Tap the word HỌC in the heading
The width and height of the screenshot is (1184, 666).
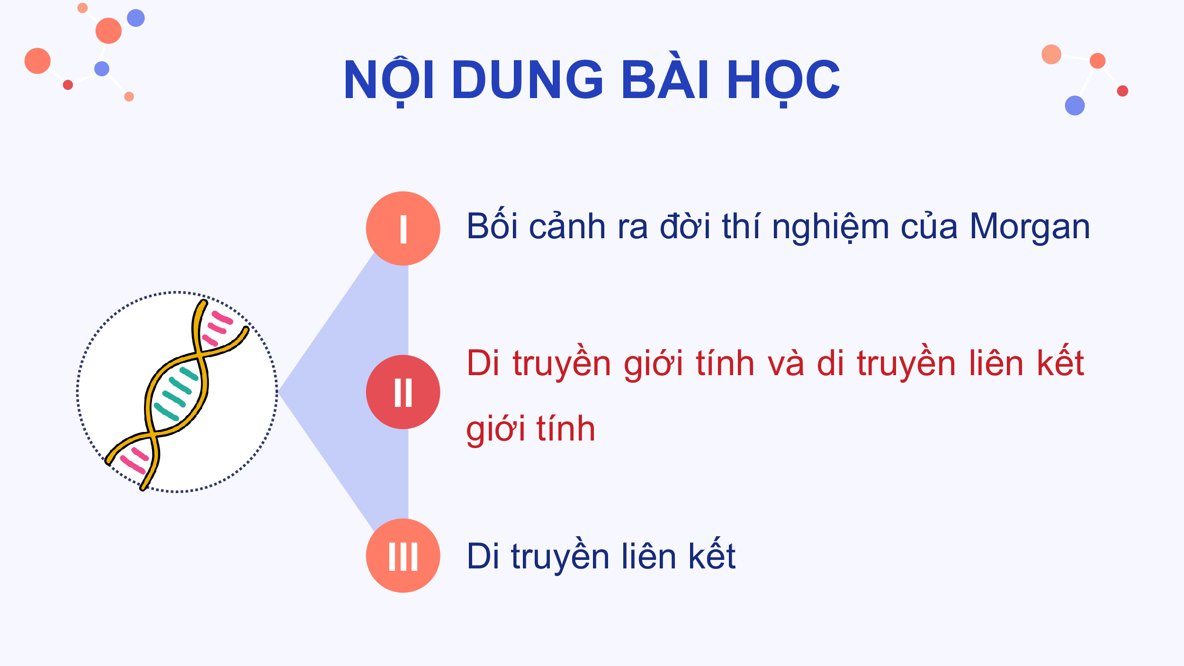(x=783, y=82)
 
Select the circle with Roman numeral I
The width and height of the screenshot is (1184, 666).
(x=403, y=228)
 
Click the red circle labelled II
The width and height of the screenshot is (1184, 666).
(x=403, y=392)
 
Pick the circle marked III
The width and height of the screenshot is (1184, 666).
(x=403, y=556)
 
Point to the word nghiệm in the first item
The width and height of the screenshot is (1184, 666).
(x=830, y=228)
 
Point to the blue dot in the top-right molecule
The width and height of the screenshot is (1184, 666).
(x=1075, y=105)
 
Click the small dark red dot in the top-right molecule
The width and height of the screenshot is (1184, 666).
(x=1122, y=91)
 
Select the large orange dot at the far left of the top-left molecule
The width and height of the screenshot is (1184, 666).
(x=37, y=61)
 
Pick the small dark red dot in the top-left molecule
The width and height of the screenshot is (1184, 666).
(x=68, y=85)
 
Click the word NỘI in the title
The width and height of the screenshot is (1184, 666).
(x=388, y=81)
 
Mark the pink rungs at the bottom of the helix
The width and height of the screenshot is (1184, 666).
(x=134, y=460)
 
